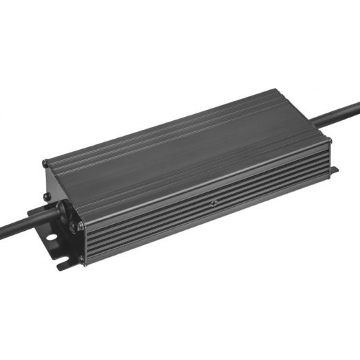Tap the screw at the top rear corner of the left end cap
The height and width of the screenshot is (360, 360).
(x=45, y=164)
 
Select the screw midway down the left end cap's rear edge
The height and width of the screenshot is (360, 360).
(x=47, y=196)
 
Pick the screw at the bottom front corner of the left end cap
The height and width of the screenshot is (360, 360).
(x=82, y=259)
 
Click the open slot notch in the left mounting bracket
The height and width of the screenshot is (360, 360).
(x=61, y=260)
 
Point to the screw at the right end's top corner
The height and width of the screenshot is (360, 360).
(x=328, y=140)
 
